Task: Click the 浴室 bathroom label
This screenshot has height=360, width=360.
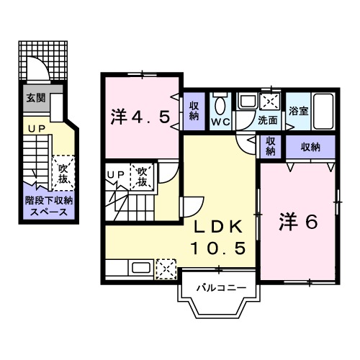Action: tap(298, 111)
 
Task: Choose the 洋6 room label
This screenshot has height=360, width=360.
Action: tap(298, 221)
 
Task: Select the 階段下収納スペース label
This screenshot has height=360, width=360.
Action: tap(47, 207)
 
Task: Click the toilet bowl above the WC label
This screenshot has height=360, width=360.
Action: tap(220, 106)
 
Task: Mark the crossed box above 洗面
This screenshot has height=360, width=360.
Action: tap(271, 102)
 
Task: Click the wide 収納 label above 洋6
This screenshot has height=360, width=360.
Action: tap(310, 147)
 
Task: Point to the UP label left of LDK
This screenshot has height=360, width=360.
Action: tap(115, 174)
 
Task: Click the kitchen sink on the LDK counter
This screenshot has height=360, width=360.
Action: tap(140, 269)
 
